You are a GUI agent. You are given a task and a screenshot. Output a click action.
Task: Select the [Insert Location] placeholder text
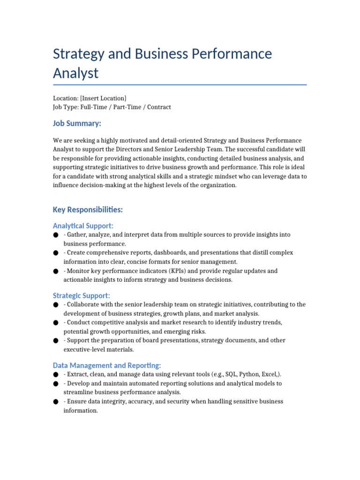103,98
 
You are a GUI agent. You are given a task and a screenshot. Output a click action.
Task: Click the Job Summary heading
77,123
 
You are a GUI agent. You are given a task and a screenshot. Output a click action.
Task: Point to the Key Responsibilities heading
88,209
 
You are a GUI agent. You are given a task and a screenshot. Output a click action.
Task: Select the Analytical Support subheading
83,225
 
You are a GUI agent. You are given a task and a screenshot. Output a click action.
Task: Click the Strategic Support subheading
82,295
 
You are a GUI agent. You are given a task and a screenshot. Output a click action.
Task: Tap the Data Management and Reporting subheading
107,365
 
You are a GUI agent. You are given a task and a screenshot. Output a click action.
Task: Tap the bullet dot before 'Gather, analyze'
56,235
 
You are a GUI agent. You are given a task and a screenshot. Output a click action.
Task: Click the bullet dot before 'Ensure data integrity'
56,402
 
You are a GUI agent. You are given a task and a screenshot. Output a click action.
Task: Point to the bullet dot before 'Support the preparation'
56,341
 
